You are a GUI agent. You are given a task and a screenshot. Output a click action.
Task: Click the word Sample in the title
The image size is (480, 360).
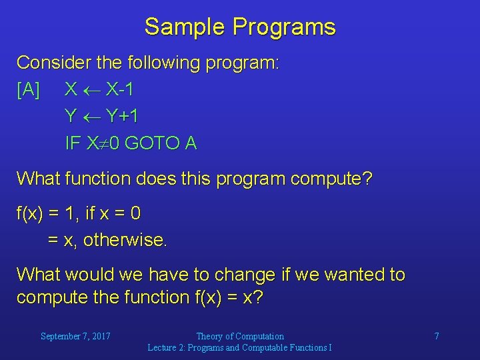pos(185,27)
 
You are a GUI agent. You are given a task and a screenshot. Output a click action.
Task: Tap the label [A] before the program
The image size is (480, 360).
pos(28,90)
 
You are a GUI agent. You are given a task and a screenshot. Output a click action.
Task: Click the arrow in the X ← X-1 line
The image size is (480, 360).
pos(92,91)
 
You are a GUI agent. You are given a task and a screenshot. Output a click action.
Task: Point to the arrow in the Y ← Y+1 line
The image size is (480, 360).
pos(92,117)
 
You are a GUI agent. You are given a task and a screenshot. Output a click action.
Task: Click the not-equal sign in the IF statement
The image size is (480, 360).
pos(104,143)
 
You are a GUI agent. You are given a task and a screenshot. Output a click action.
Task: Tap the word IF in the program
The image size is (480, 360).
pos(73,143)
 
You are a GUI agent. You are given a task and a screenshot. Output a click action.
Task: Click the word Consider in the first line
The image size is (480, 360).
pos(54,62)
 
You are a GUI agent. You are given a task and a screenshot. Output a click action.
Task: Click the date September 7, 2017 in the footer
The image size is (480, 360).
pos(75,336)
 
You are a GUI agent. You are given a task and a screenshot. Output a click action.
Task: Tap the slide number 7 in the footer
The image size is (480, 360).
pos(437,336)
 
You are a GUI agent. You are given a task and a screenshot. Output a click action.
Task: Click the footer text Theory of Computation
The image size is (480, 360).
pos(240,336)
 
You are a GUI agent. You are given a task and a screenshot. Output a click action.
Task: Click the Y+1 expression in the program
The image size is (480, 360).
pos(122,116)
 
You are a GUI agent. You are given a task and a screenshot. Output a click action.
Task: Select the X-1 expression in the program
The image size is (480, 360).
pos(119,89)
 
